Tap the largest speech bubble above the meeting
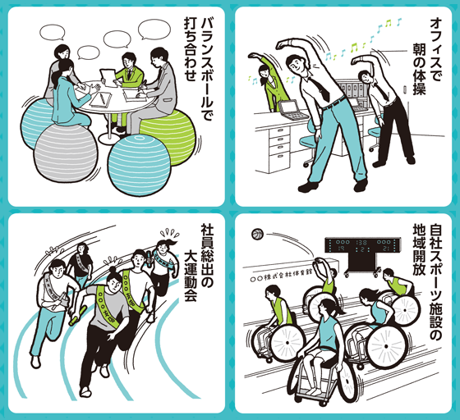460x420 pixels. click(x=154, y=30)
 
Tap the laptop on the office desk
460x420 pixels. click(x=289, y=108)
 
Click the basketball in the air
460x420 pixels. click(x=258, y=235)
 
